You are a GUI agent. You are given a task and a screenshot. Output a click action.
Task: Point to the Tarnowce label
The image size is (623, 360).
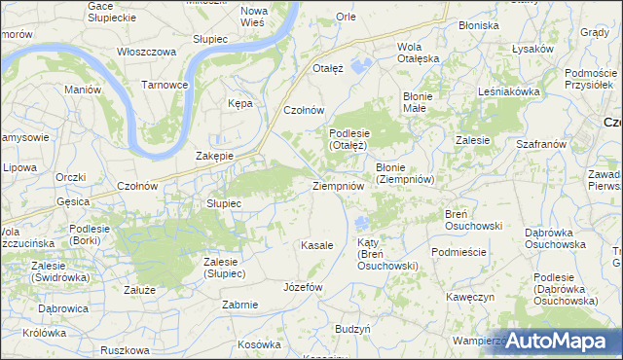(x=165, y=85)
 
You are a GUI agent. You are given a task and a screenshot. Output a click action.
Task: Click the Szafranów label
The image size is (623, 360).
(x=542, y=143)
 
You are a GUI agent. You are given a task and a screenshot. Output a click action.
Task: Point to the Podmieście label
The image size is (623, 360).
(x=458, y=251)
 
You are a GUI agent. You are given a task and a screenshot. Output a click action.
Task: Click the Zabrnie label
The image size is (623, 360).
(x=239, y=305)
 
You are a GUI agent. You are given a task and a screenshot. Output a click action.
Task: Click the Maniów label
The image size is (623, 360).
(x=83, y=90)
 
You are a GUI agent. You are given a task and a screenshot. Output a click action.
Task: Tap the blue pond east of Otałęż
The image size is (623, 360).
(x=361, y=66)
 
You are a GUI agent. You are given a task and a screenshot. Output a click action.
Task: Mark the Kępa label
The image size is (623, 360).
(x=239, y=102)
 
